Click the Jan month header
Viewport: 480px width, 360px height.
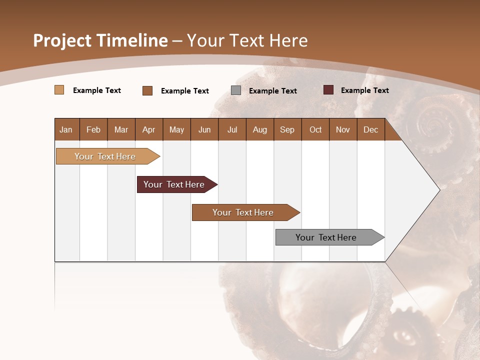coord(66,129)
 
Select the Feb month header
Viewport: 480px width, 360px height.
coord(93,129)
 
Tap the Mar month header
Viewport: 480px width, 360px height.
coord(121,129)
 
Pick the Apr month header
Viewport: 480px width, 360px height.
coord(149,129)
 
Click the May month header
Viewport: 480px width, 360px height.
coord(176,129)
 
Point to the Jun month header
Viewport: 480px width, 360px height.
coord(204,129)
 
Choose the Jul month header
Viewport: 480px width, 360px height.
coord(232,129)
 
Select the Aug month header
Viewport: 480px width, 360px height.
coord(260,129)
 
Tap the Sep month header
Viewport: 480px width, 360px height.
coord(287,129)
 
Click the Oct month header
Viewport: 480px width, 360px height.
coord(315,129)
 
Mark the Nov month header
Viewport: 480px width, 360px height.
coord(343,129)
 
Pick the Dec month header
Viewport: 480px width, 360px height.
coord(371,129)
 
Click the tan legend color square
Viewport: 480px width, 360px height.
coord(59,90)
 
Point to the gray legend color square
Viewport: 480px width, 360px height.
coord(236,90)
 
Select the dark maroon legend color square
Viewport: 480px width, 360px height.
coord(328,90)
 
